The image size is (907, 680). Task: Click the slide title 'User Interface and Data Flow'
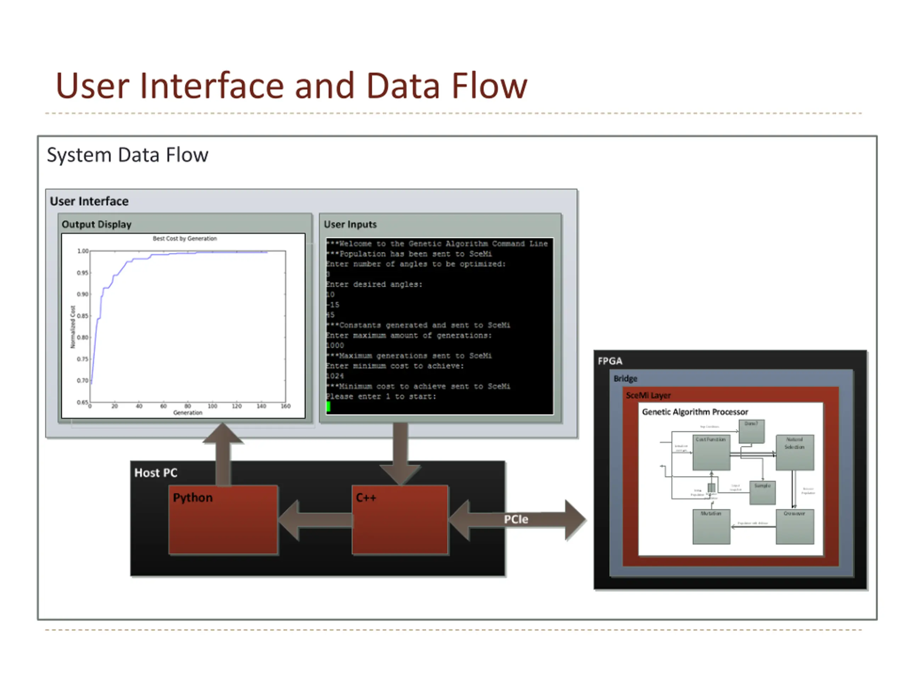[291, 86]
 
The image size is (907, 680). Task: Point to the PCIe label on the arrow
[516, 519]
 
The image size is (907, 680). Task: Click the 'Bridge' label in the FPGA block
[625, 379]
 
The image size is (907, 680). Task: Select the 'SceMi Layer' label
[648, 396]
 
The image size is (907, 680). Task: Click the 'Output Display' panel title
[96, 225]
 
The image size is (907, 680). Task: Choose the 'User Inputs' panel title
[350, 225]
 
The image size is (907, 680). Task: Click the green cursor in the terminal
[328, 407]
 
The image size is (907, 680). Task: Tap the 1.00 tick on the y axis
[83, 251]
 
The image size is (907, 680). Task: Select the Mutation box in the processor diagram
[711, 527]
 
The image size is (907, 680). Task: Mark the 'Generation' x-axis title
[188, 413]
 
